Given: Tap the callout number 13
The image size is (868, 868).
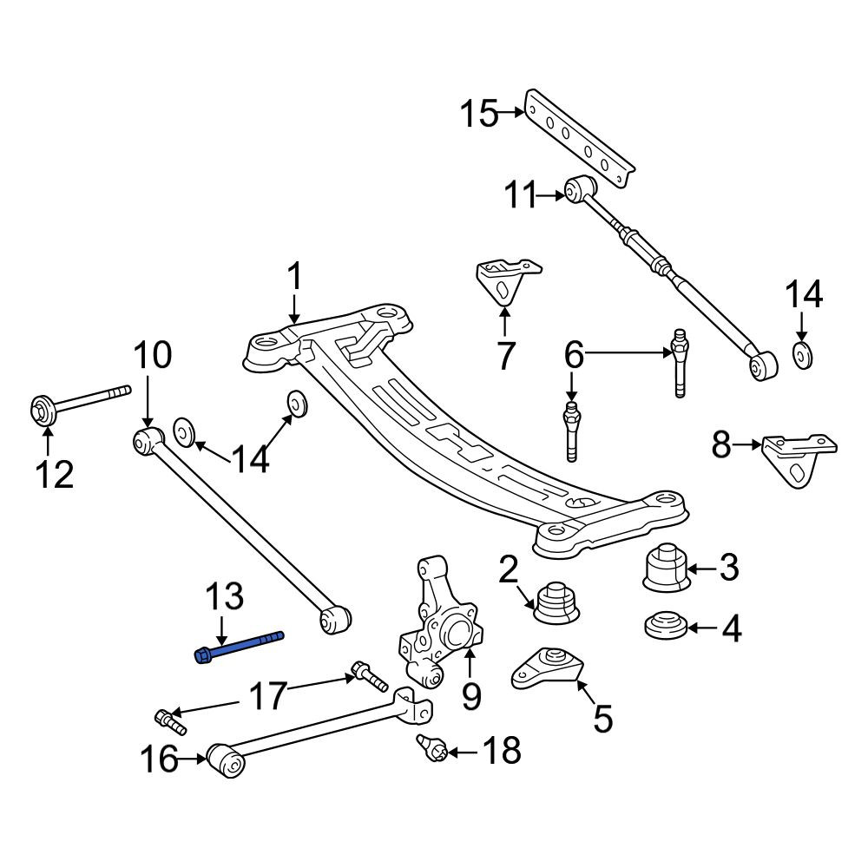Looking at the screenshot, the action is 224,597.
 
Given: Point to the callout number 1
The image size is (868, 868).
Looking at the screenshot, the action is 295,277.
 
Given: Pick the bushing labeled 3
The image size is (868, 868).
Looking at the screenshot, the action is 666,568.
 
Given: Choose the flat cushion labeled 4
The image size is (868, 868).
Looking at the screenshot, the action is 667,625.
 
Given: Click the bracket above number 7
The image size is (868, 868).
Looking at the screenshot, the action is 506,280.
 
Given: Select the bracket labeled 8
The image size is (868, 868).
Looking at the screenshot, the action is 799,459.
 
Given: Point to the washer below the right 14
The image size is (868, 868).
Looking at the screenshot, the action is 803,355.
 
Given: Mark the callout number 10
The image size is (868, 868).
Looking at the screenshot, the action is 152,355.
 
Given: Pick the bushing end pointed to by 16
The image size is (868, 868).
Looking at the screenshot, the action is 226,760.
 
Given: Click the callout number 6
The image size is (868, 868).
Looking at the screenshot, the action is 574,354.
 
